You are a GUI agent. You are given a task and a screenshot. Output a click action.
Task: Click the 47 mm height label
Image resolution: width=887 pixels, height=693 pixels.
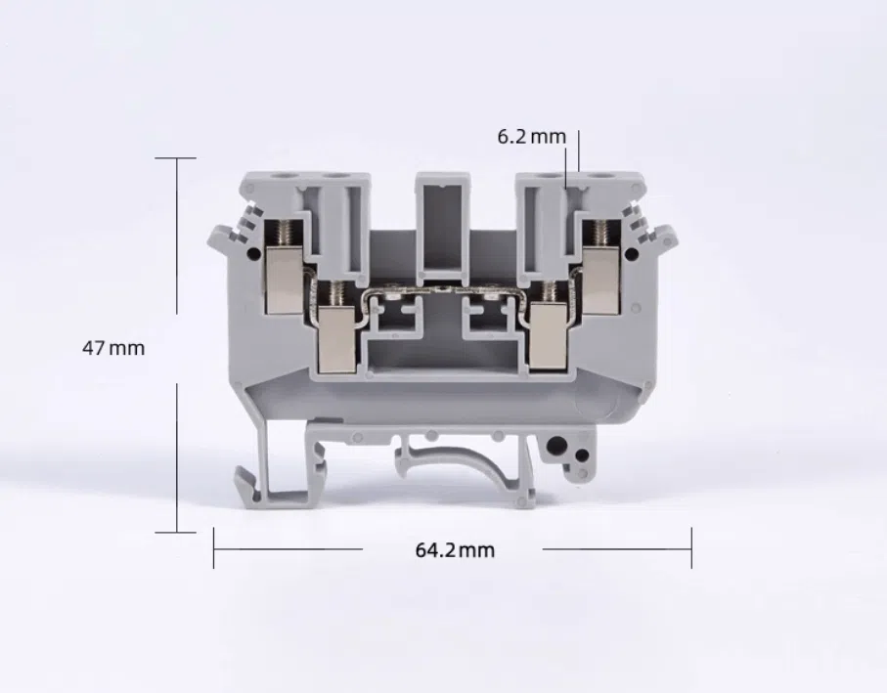[113, 348]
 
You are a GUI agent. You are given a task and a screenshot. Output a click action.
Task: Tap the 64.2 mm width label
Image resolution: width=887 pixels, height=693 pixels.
[455, 550]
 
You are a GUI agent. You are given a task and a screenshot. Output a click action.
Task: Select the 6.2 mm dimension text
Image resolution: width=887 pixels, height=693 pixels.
[531, 136]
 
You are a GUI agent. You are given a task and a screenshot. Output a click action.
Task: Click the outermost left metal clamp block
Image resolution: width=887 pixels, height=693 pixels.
[284, 280]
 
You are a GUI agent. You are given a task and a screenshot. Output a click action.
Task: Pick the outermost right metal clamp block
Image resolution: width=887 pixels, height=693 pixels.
[601, 280]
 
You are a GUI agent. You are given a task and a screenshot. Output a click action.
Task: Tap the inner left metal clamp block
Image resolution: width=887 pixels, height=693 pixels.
[337, 338]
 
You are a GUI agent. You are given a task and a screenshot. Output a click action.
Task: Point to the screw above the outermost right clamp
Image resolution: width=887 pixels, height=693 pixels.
[602, 233]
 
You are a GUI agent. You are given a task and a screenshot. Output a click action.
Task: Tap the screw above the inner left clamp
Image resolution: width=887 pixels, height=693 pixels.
[337, 293]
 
